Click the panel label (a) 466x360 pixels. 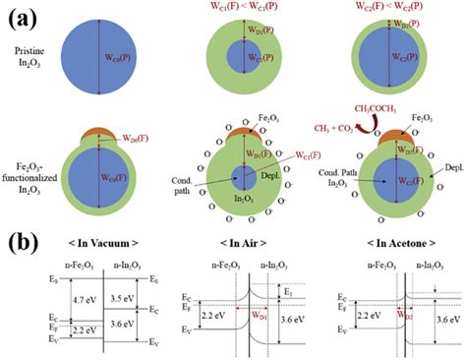click(15, 13)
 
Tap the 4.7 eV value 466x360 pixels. click(73, 279)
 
